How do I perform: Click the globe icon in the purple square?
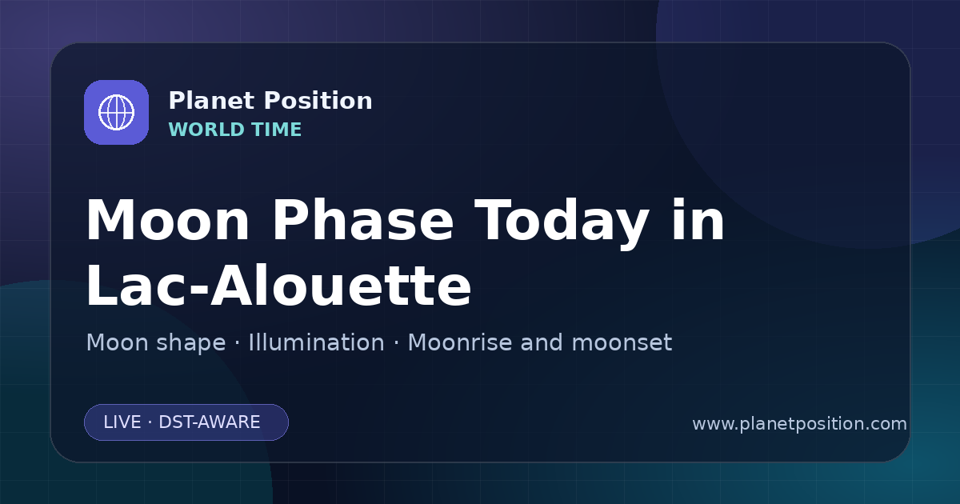(116, 112)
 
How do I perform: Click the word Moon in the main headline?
(167, 221)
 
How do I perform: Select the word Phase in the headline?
(362, 220)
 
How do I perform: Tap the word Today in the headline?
(562, 224)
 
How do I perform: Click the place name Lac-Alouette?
(278, 285)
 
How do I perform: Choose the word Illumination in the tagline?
(316, 342)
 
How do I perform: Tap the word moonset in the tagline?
(622, 343)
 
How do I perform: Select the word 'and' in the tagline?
(542, 342)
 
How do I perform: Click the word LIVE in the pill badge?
(122, 422)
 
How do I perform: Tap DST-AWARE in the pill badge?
(209, 422)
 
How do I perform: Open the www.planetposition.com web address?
(800, 424)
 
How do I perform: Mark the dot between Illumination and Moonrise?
(396, 343)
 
